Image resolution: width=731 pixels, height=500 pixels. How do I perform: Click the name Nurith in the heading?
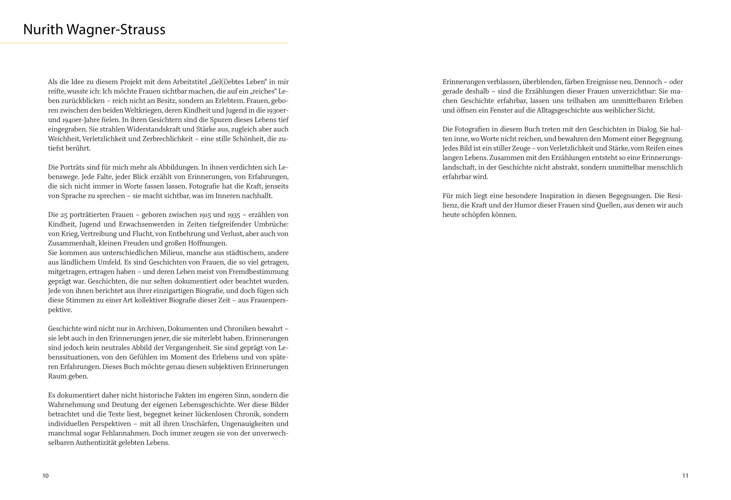tap(43, 30)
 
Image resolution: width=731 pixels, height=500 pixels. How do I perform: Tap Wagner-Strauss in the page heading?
tap(116, 30)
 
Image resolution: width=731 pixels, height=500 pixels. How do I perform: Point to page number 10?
tap(46, 476)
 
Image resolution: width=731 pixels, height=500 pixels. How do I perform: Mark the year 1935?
tap(234, 215)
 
